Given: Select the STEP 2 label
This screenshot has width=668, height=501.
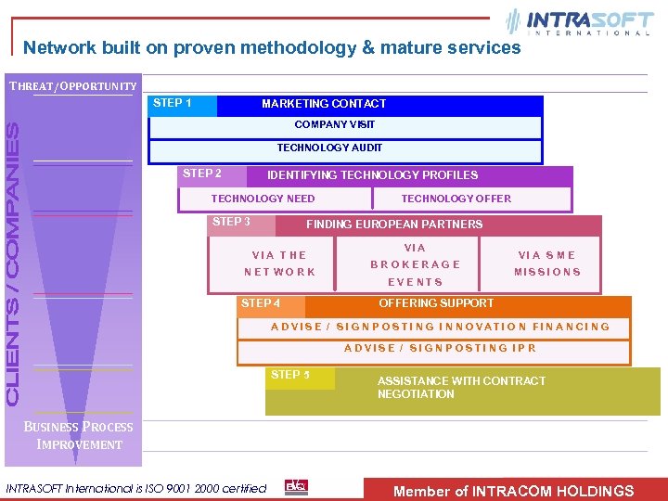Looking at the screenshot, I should point(202,173).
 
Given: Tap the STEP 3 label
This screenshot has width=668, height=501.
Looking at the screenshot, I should point(232,222).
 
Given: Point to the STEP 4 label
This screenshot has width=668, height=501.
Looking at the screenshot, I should point(261,303).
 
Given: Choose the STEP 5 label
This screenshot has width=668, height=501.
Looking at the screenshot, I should point(290,375).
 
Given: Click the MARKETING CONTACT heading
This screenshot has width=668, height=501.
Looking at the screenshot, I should point(324,104).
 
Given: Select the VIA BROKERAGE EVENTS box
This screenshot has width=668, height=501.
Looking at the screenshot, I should point(415,264).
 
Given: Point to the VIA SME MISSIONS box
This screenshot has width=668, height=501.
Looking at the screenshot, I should point(547,264).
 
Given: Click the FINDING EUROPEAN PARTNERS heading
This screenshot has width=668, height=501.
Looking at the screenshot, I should point(394,224).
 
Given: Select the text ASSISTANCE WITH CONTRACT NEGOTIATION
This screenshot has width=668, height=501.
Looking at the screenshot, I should point(461,388).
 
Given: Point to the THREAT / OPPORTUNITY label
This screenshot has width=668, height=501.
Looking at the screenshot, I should point(73,86).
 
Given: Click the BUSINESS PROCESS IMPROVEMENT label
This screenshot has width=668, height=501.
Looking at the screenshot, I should point(79,436).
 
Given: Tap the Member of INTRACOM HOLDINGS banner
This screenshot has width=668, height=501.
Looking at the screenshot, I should point(514,491).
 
